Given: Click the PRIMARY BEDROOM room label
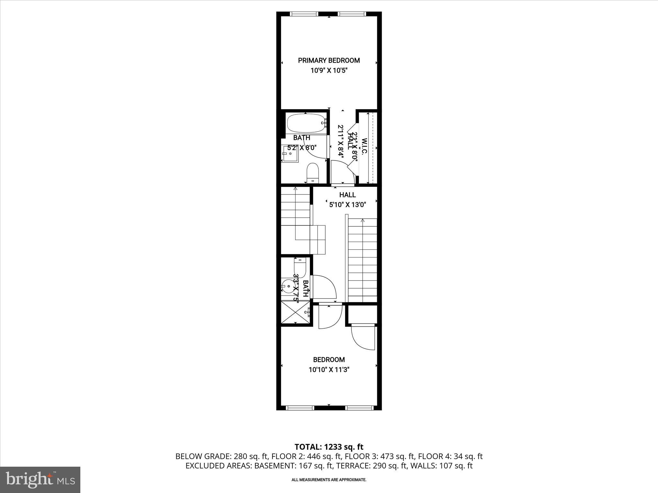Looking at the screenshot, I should [x=329, y=60].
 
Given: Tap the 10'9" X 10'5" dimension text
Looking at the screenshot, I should [x=329, y=71].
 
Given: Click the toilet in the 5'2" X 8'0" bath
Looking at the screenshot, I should [x=312, y=173].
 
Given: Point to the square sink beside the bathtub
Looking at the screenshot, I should [x=290, y=154].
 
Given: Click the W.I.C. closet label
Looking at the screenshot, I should [x=364, y=147].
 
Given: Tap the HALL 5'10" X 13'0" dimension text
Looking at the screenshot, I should [x=348, y=204].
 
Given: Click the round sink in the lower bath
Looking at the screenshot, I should [x=288, y=286].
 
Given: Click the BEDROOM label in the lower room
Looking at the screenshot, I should [x=329, y=360].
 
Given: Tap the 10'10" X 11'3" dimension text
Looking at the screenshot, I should [x=329, y=370].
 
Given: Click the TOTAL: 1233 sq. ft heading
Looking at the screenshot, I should [x=329, y=447].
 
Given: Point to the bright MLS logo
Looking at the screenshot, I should [x=40, y=480].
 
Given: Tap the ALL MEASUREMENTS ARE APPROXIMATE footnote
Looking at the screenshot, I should [x=329, y=480].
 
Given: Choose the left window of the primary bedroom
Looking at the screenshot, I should [x=304, y=14].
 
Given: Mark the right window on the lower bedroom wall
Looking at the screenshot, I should [x=359, y=408].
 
